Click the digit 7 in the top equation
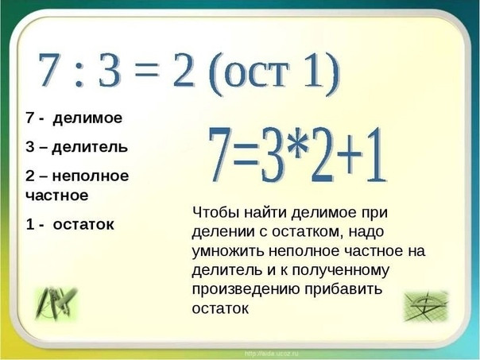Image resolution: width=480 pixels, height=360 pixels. click(50, 70)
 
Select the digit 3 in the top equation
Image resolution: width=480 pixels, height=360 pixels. click(109, 70)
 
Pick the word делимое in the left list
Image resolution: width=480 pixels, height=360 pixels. click(87, 118)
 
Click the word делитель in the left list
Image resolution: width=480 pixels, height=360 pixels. click(90, 147)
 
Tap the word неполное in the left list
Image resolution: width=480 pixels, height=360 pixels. click(91, 176)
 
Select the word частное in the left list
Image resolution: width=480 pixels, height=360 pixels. click(57, 195)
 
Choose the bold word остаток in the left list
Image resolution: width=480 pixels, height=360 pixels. click(83, 224)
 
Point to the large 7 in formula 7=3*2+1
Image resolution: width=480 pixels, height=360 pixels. click(221, 155)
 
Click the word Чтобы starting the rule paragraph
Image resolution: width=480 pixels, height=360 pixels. click(215, 212)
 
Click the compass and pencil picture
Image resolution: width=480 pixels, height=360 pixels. click(56, 304)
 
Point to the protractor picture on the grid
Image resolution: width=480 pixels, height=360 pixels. click(426, 306)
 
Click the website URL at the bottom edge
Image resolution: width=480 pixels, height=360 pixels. click(271, 354)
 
